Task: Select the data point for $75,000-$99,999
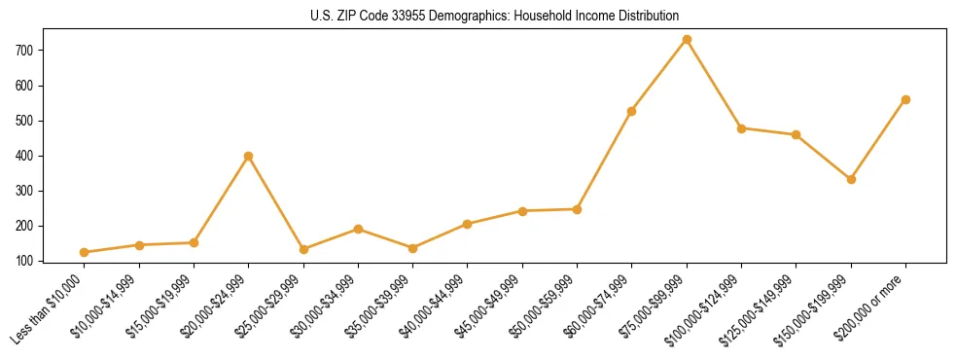click(687, 39)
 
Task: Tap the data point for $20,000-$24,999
click(249, 156)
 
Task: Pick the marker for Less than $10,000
click(85, 252)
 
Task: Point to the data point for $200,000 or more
click(905, 99)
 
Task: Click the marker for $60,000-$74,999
click(632, 111)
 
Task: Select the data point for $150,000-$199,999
click(851, 179)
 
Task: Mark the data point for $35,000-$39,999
click(413, 248)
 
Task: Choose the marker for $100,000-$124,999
click(741, 128)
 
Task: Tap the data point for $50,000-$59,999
click(577, 209)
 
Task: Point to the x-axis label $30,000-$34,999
click(323, 309)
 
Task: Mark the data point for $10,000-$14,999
click(139, 245)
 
